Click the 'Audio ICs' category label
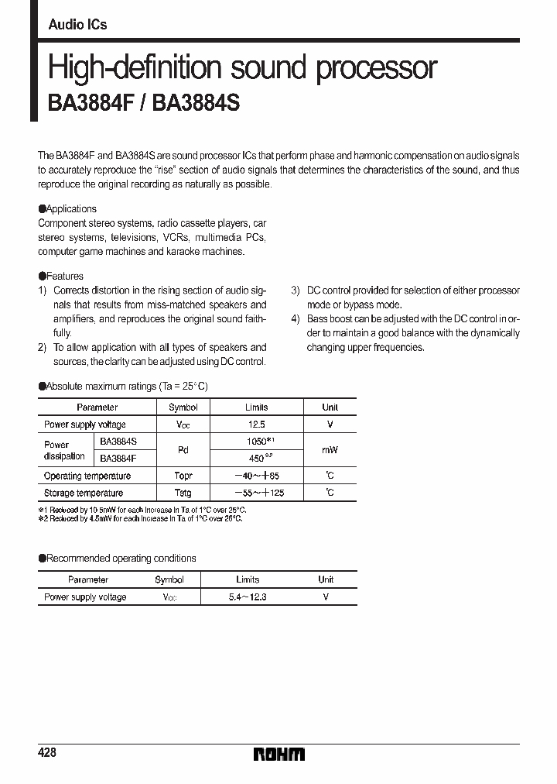[77, 25]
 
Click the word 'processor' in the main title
[378, 68]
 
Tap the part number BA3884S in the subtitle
[196, 105]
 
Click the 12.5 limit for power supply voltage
[256, 425]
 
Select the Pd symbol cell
[183, 449]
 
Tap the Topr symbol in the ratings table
[183, 476]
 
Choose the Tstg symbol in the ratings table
[183, 493]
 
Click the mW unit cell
[330, 449]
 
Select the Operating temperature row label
[87, 476]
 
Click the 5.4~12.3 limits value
[248, 597]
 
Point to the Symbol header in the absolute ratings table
[183, 407]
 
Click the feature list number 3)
[296, 291]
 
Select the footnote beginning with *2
[140, 518]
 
